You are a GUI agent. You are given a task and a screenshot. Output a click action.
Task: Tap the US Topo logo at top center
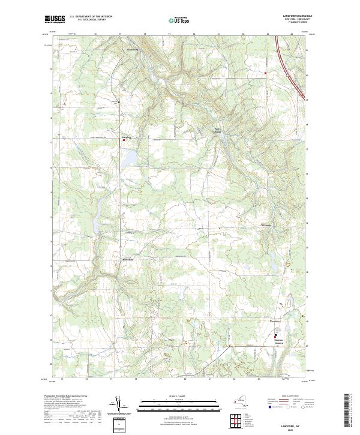coord(179,20)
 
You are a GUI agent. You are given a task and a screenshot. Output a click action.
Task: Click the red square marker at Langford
coord(124,140)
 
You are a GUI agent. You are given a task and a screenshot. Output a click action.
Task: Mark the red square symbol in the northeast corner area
coord(266,73)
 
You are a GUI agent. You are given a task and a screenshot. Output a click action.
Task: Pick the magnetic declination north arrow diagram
coord(121,406)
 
